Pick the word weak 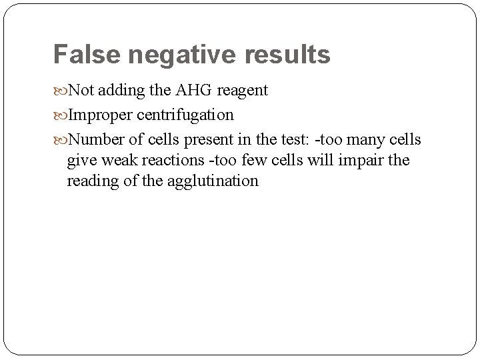point(117,160)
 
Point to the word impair point(359,160)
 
